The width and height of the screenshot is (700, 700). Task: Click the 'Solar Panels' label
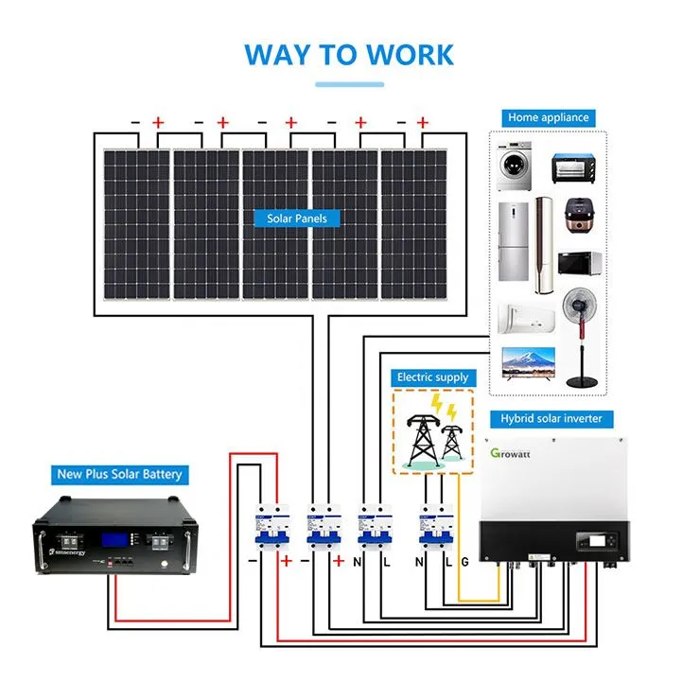(297, 219)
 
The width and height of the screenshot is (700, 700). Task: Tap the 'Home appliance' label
(549, 118)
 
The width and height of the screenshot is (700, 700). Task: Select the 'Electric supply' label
(433, 377)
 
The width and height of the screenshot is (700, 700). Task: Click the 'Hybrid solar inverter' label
(551, 419)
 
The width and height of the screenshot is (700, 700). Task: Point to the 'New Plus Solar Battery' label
(119, 474)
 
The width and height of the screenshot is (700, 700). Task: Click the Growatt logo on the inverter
(510, 453)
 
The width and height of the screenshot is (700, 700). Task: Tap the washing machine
(515, 166)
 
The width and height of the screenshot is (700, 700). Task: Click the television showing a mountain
(529, 363)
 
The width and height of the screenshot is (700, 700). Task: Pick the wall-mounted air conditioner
(526, 319)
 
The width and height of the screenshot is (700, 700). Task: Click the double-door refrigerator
(513, 241)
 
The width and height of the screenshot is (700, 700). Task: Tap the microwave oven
(580, 263)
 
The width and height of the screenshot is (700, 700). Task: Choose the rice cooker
(580, 216)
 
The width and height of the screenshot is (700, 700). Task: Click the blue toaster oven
(573, 168)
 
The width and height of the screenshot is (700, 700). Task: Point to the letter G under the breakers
(464, 562)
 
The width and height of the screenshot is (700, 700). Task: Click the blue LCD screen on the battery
(114, 540)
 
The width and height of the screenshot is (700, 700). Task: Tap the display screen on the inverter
(597, 541)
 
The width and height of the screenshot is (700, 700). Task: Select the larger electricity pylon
(422, 441)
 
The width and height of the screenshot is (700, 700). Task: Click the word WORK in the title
(410, 55)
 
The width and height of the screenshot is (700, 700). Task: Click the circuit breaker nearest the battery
(271, 526)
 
